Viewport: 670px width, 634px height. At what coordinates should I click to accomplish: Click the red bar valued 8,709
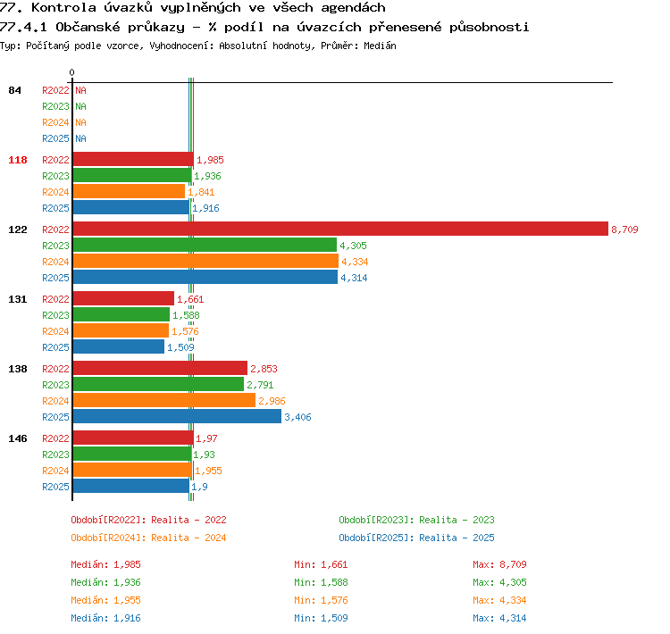tap(340, 229)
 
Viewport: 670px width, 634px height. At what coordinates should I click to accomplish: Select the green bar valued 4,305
tap(205, 246)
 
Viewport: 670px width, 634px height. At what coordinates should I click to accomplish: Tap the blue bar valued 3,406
tap(177, 416)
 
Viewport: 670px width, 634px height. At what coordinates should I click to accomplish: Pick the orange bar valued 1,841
tap(129, 191)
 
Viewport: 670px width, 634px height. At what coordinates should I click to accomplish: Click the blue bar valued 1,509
tap(118, 346)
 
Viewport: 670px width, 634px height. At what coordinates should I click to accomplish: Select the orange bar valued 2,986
tap(164, 400)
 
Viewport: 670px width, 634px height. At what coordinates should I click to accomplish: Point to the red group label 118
tap(18, 160)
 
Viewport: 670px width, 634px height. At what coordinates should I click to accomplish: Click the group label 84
tap(14, 90)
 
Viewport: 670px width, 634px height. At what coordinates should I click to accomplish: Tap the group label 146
tap(18, 438)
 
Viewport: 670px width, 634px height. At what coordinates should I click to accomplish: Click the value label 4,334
tap(355, 262)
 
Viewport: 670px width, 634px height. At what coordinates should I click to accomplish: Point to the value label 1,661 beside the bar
tap(190, 299)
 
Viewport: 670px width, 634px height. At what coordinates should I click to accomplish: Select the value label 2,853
tap(264, 369)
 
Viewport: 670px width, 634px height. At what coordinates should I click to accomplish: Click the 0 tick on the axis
tap(71, 72)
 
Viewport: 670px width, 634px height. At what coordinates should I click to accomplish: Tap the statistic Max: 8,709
tap(499, 564)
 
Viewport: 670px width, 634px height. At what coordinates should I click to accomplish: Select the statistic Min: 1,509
tap(321, 618)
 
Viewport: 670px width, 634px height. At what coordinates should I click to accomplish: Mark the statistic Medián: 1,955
tap(106, 600)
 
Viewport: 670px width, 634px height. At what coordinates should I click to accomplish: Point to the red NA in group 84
tap(80, 90)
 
